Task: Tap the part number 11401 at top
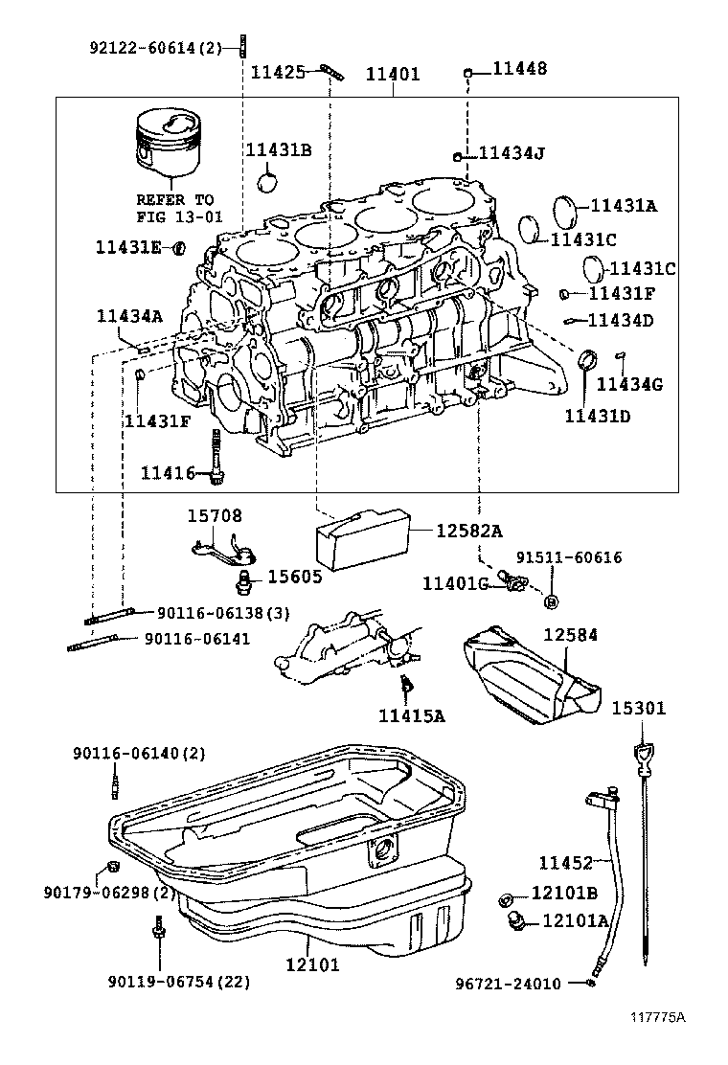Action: (x=393, y=73)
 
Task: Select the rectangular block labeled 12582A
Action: (x=363, y=538)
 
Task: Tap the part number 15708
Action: (x=214, y=515)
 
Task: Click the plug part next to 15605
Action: (x=243, y=579)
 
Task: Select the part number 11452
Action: (x=565, y=863)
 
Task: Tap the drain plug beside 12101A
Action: (x=517, y=921)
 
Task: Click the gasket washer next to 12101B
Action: (x=505, y=897)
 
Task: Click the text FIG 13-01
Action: (x=179, y=216)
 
